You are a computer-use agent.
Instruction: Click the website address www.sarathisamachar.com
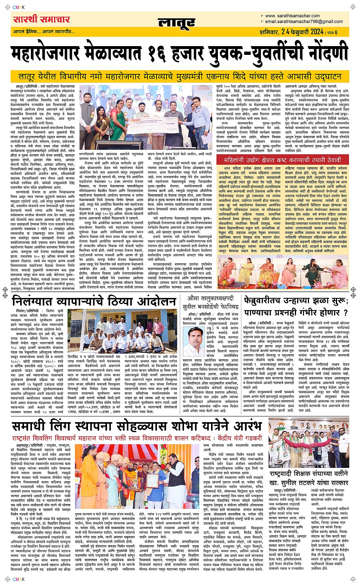click(x=292, y=16)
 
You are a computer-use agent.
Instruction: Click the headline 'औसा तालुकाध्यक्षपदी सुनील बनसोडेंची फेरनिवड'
click(x=213, y=303)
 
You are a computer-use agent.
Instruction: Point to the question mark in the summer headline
click(x=346, y=312)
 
